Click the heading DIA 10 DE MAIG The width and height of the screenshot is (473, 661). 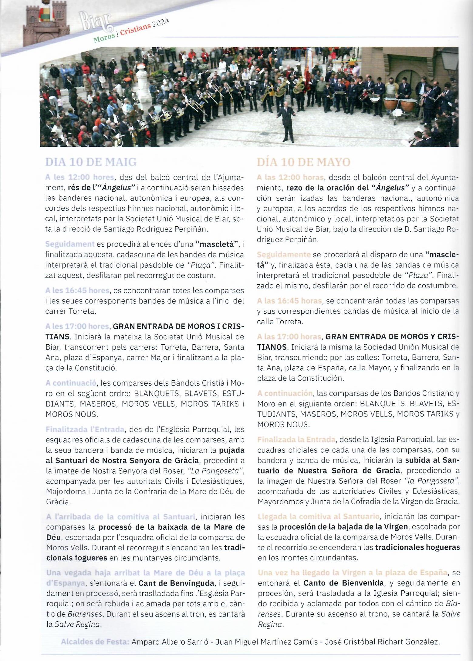coord(91,162)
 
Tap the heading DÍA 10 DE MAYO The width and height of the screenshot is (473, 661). coord(303,162)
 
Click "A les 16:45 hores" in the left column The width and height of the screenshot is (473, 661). coord(77,290)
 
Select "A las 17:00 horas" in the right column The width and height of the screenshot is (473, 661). coord(289,336)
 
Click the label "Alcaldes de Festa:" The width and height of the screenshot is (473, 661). coord(95,642)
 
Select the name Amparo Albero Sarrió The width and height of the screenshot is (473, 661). coord(170,642)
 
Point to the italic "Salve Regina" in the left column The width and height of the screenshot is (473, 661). coord(78,624)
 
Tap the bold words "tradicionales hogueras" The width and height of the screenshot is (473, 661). coord(417,547)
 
